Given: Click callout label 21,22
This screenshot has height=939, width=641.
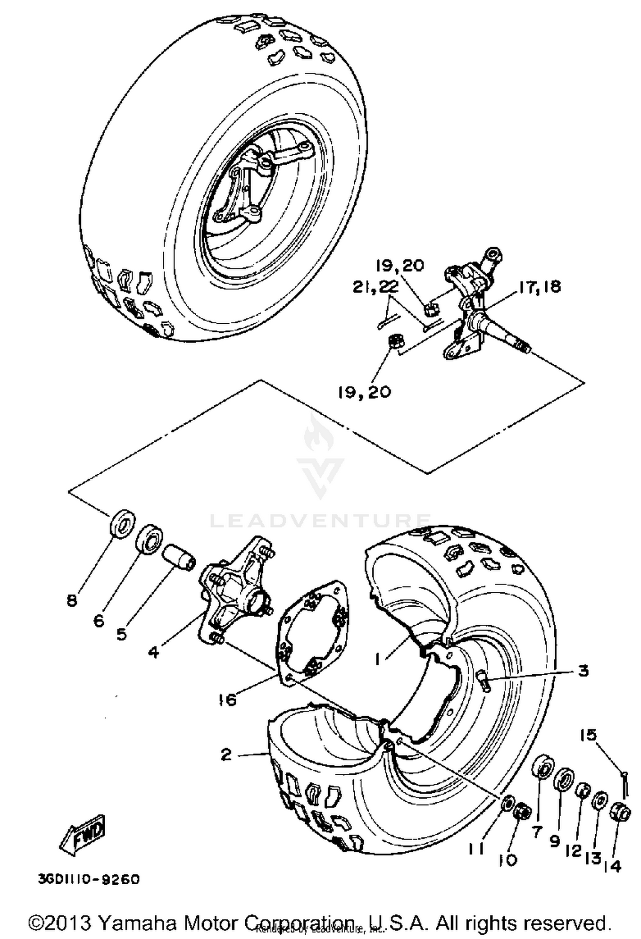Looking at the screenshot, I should (375, 288).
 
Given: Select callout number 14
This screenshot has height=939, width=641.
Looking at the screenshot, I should (613, 866).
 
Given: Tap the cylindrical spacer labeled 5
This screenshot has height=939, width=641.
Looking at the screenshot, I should (179, 558).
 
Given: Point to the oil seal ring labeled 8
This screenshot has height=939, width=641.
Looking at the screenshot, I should (123, 522).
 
